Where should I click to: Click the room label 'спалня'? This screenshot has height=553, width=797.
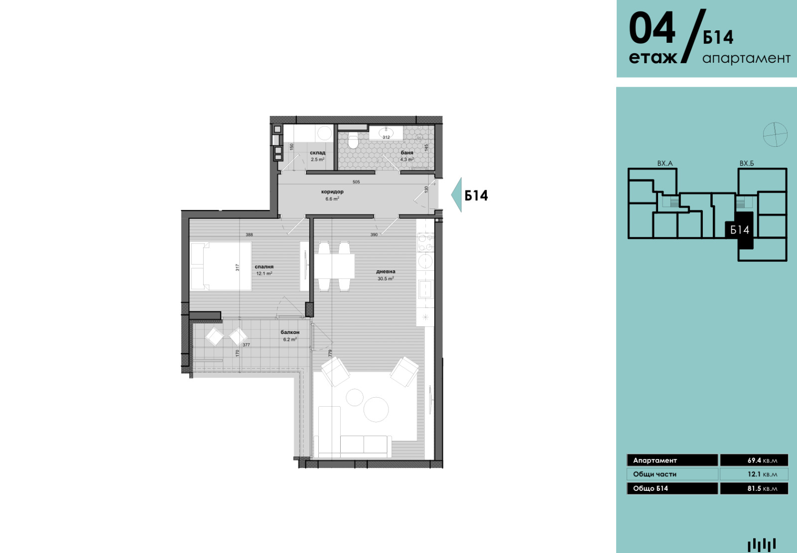(264, 267)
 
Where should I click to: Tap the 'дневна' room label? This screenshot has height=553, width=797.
(386, 272)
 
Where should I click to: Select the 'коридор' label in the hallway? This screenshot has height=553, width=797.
(332, 192)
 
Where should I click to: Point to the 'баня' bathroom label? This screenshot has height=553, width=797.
(407, 153)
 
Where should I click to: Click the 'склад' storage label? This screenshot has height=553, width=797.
(317, 153)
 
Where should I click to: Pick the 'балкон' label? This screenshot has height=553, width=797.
(290, 332)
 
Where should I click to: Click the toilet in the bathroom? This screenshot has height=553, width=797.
(353, 141)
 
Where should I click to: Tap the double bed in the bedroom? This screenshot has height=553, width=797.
(221, 266)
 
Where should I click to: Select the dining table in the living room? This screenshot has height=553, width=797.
(334, 266)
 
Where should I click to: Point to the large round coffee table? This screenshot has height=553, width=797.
(376, 409)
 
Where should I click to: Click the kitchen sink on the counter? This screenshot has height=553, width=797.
(425, 289)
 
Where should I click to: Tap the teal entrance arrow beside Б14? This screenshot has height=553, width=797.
(456, 195)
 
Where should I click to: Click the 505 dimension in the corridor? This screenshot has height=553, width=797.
(356, 182)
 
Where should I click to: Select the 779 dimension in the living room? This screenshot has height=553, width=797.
(330, 353)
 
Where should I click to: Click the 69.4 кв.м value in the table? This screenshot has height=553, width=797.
(762, 460)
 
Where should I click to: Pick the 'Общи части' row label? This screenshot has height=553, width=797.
(655, 474)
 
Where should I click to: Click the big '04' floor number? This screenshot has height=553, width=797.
(652, 28)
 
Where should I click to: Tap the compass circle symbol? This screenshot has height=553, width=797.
(775, 134)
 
